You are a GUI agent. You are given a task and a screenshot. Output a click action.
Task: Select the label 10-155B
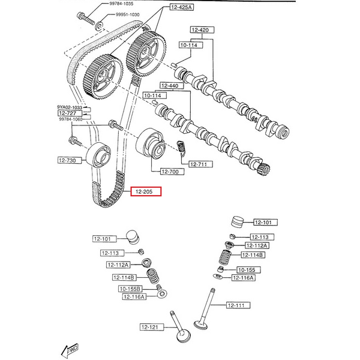[131, 289]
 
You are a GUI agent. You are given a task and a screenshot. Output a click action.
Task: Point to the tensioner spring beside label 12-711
[185, 146]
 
